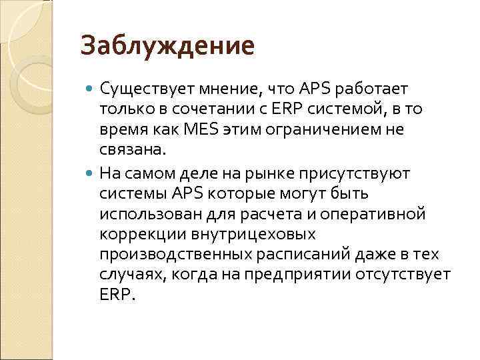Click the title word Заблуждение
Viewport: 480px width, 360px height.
click(167, 46)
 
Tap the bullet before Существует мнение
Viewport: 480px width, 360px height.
click(91, 89)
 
